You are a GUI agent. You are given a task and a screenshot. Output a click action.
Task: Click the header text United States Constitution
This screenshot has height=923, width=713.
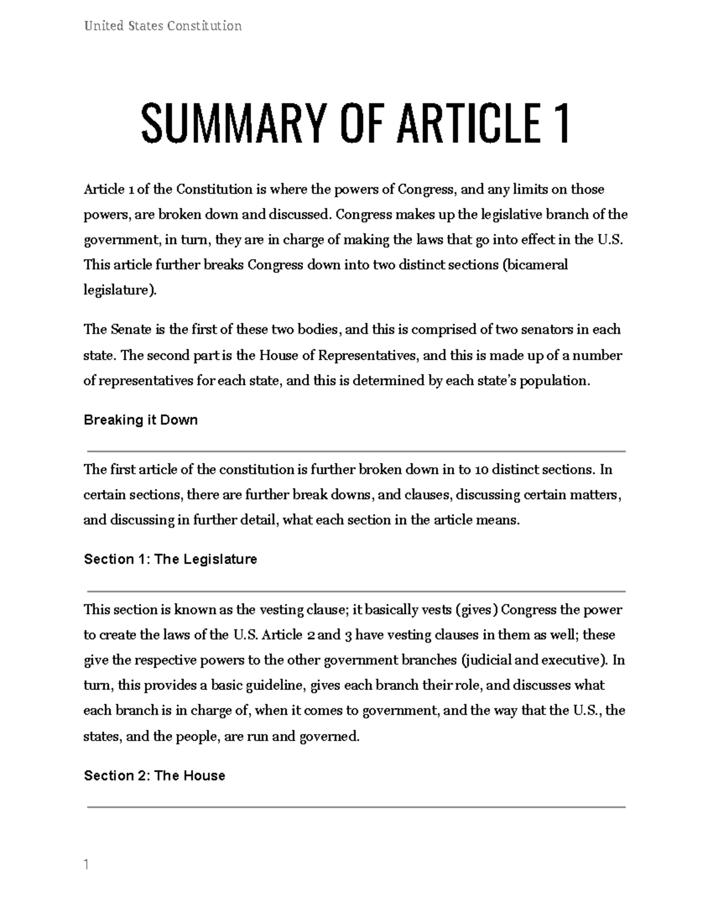[x=163, y=26]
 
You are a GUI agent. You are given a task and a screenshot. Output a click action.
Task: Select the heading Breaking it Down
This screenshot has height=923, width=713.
[x=141, y=420]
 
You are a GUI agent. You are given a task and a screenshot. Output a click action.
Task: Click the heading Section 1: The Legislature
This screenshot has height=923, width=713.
[x=171, y=559]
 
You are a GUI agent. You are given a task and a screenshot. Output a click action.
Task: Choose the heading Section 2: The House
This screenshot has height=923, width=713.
[x=154, y=776]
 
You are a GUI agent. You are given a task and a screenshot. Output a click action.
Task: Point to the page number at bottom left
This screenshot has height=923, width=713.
[x=86, y=865]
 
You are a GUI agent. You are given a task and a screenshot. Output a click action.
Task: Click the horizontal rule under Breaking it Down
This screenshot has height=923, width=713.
[x=356, y=452]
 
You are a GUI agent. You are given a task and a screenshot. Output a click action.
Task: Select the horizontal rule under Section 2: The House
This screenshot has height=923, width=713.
[x=356, y=807]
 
